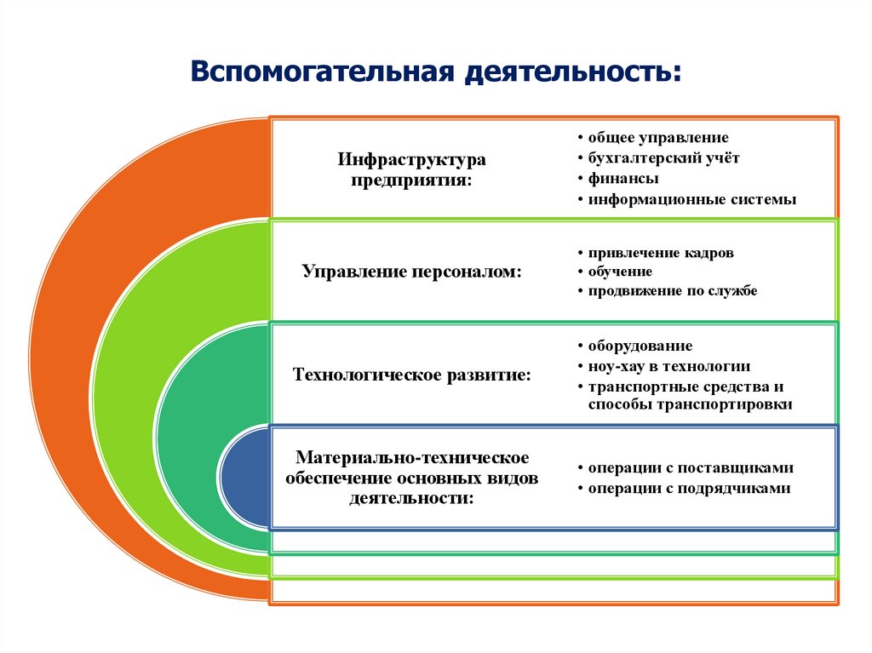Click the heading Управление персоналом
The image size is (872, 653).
coord(411,272)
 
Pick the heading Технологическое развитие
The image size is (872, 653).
coord(411,375)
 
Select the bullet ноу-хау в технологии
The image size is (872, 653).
coord(669,366)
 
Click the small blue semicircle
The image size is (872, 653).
coord(244,477)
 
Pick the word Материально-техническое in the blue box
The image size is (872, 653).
coord(412,460)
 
